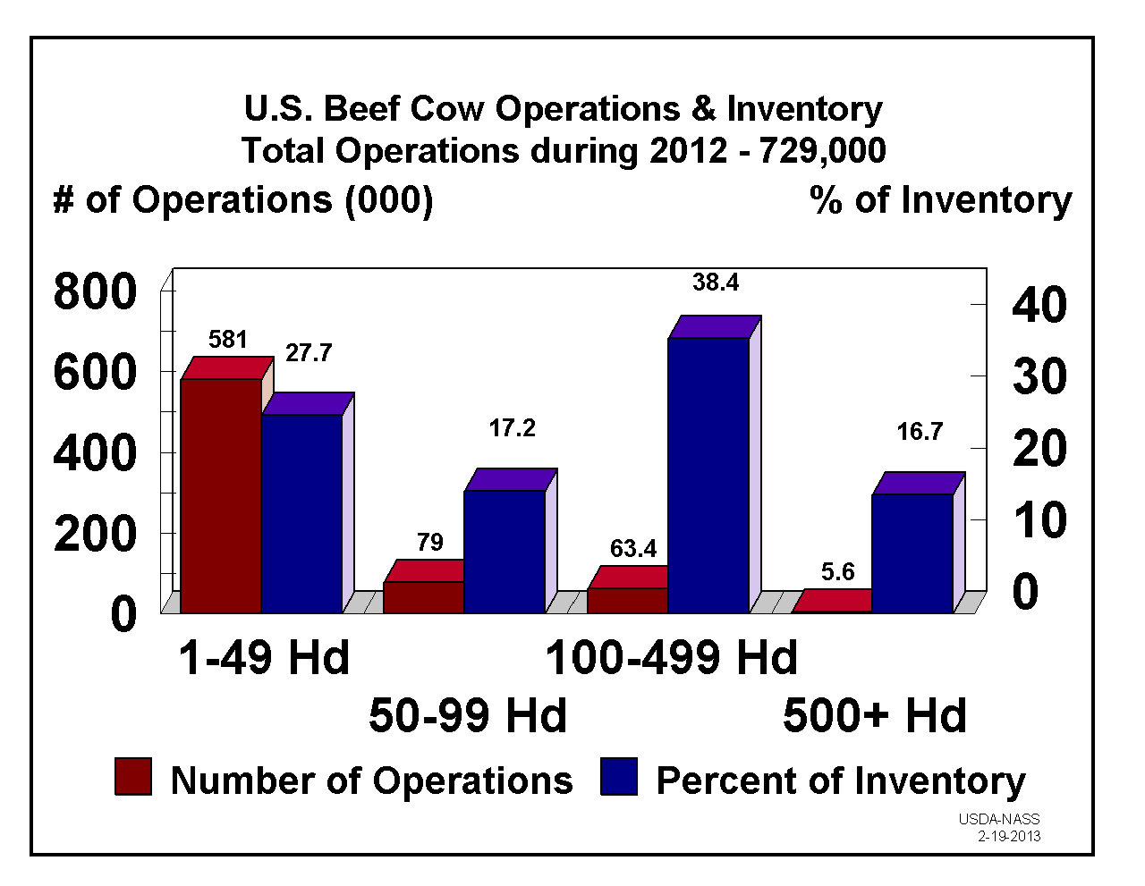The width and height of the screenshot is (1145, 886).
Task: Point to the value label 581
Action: pyautogui.click(x=227, y=340)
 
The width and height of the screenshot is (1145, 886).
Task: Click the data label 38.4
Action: pyautogui.click(x=716, y=283)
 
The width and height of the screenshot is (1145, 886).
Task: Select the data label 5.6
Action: pyautogui.click(x=838, y=572)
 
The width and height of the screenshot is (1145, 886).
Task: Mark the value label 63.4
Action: pyautogui.click(x=633, y=549)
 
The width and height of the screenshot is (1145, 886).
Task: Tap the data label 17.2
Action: pyautogui.click(x=512, y=429)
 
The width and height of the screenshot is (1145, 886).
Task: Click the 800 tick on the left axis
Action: pyautogui.click(x=95, y=292)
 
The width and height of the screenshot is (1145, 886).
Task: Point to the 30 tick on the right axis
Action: pyautogui.click(x=1039, y=376)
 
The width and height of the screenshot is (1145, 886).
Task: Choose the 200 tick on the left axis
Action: pyautogui.click(x=95, y=535)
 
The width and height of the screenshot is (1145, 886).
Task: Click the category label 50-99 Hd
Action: pyautogui.click(x=468, y=715)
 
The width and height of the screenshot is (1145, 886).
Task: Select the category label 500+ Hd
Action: pyautogui.click(x=875, y=715)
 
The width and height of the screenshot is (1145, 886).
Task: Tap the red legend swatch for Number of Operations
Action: pyautogui.click(x=133, y=777)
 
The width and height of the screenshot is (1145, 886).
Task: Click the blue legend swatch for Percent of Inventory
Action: pyautogui.click(x=619, y=777)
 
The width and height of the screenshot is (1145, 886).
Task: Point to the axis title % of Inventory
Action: pyautogui.click(x=940, y=199)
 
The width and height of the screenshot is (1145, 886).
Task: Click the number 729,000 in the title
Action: pyautogui.click(x=822, y=150)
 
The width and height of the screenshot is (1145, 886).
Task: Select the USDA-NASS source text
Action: pyautogui.click(x=999, y=819)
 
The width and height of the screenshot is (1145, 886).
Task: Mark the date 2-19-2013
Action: pyautogui.click(x=1009, y=837)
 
